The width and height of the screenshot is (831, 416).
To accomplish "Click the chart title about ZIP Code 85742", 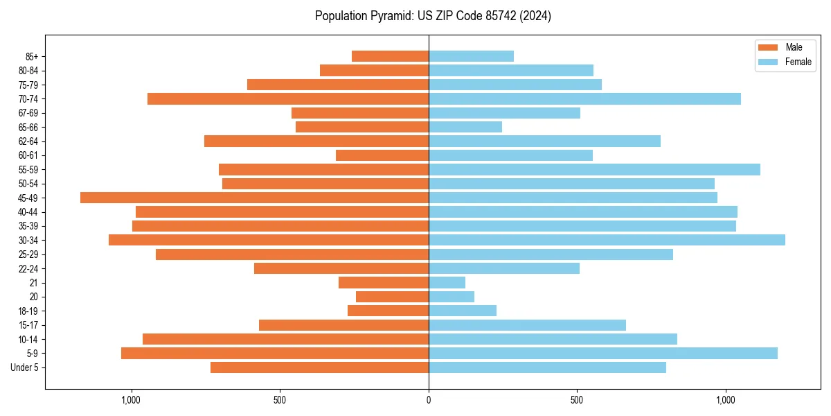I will pos(433,16).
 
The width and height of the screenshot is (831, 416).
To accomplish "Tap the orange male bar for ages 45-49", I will pos(254,198).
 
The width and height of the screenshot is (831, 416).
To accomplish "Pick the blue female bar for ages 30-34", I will pos(607,240).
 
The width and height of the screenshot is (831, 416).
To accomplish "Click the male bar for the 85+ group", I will pos(390,56).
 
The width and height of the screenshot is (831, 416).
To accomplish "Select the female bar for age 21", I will pos(447,282).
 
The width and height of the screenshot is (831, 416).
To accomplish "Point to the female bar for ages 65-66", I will pos(465,127).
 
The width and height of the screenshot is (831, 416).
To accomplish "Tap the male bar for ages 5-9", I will pos(275,353).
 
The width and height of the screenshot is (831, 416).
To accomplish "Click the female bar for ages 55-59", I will pos(594,169).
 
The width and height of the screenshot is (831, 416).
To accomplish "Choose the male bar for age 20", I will pos(392,297).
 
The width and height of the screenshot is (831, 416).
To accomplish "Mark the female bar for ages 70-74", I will pos(584,98).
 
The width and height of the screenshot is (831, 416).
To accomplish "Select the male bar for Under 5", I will pos(319,367).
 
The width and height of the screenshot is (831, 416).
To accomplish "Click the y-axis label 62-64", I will pos(28,141).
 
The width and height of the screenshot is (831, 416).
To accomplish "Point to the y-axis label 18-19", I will pos(28,311).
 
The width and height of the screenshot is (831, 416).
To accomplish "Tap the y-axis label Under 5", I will pos(25,367).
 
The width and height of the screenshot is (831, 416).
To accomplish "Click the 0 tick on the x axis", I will pos(429,400).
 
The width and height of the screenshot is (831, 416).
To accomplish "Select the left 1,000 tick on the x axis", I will pos(131,400).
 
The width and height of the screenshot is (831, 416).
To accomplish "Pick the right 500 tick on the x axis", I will pos(577,400).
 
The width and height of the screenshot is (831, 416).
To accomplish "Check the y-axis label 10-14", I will pos(28,339).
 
